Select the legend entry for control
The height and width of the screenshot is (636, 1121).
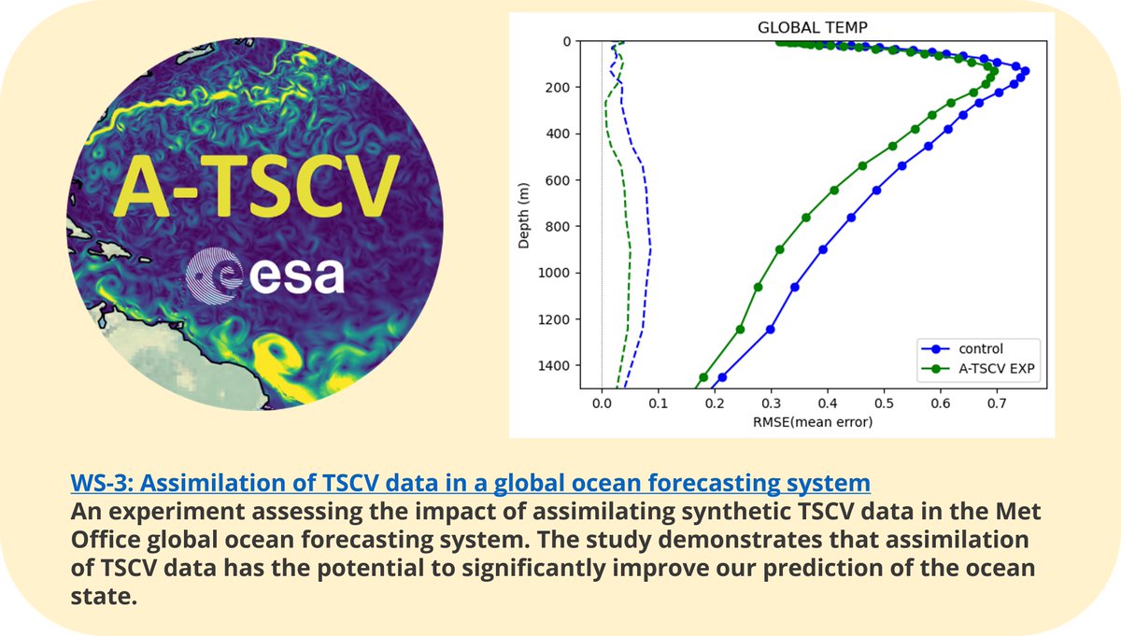(x=981, y=348)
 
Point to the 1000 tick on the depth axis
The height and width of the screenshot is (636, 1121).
(x=557, y=273)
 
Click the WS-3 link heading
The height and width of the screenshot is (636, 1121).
(x=470, y=483)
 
